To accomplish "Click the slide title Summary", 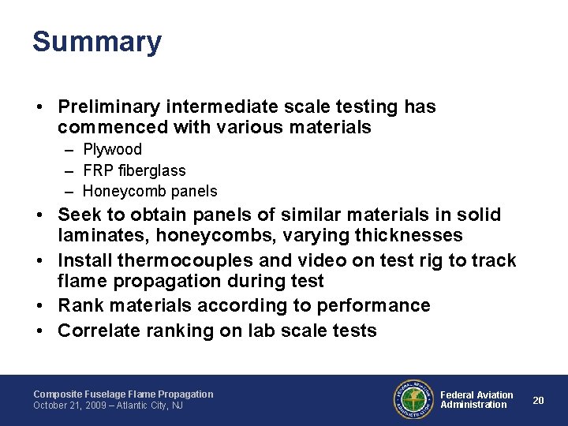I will click(97, 42).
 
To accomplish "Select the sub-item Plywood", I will click(112, 149).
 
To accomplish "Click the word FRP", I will click(98, 170).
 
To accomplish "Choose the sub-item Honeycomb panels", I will click(150, 191).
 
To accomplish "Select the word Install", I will click(85, 260).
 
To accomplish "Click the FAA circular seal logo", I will click(413, 399).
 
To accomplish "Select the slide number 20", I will click(539, 400).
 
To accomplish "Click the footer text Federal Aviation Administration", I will click(476, 400).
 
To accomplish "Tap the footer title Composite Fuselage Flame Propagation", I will click(123, 394).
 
